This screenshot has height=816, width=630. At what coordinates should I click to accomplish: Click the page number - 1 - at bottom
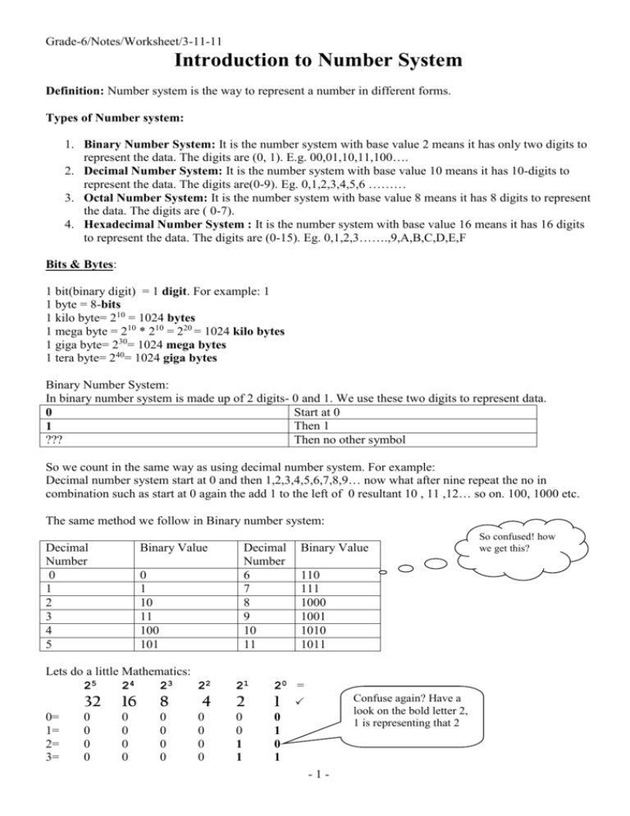click(x=314, y=800)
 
